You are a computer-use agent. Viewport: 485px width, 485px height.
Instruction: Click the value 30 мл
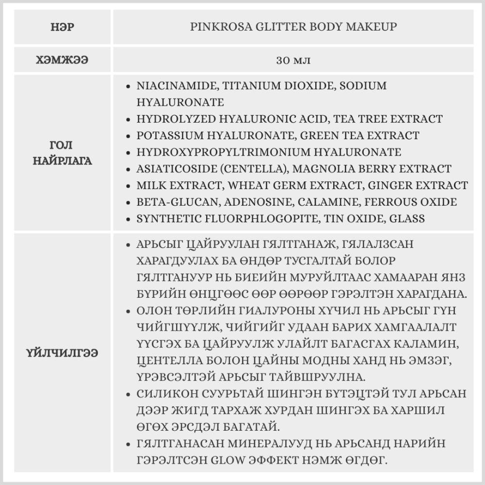click(x=293, y=61)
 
